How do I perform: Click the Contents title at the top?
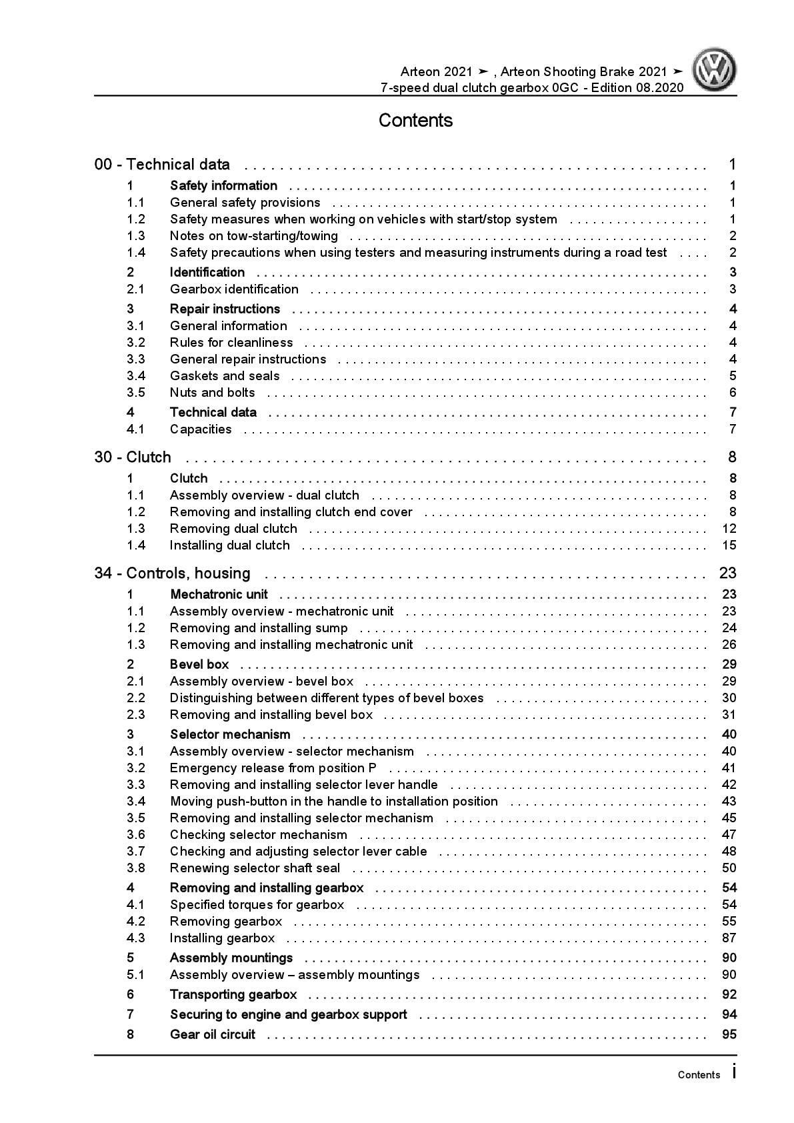point(415,121)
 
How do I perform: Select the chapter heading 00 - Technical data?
point(162,165)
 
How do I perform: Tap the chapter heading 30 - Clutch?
point(133,457)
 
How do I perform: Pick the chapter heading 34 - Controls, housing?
point(173,574)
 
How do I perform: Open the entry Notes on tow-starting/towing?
point(253,236)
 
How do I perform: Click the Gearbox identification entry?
point(234,289)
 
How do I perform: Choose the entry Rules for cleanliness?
point(231,343)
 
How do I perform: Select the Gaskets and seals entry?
point(225,376)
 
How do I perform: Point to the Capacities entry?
point(201,429)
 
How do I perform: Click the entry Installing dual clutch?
point(229,545)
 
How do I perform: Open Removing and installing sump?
point(259,628)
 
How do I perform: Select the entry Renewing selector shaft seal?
point(255,868)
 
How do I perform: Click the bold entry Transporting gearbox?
point(233,995)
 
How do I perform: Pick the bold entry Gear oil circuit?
point(213,1035)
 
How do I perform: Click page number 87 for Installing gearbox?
point(729,938)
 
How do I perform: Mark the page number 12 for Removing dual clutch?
point(729,529)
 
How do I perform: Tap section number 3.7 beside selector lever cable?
point(136,852)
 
